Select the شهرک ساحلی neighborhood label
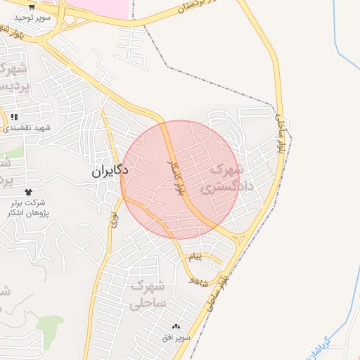148,295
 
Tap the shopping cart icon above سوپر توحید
32,6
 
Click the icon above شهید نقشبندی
14,117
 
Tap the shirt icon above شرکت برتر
28,192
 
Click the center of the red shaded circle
181,179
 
